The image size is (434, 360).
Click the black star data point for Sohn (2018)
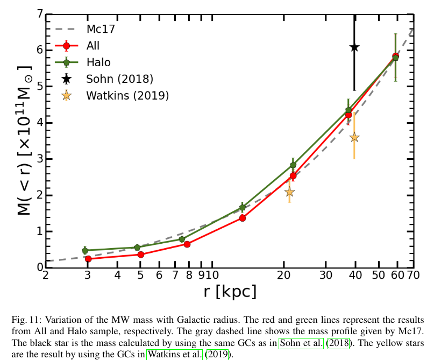(x=354, y=47)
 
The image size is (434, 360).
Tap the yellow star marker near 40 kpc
(x=354, y=137)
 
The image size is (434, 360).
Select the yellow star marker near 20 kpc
(x=289, y=192)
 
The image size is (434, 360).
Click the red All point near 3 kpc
(x=88, y=259)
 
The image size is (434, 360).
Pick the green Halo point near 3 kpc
(x=85, y=251)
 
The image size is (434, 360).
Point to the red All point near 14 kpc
(x=243, y=218)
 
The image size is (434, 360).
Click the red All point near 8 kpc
(x=187, y=244)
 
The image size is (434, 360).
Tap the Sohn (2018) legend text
(x=120, y=79)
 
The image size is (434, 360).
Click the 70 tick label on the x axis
(x=413, y=276)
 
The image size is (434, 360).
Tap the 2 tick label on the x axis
(x=46, y=276)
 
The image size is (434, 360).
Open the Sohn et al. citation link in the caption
(x=301, y=343)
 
